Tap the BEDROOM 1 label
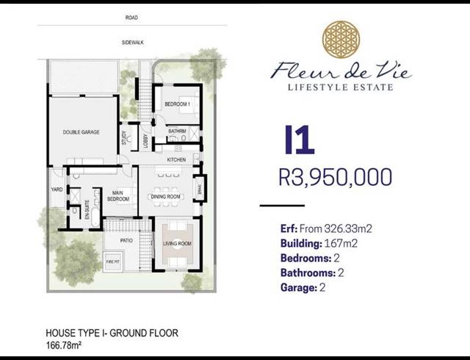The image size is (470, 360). tap(177, 104)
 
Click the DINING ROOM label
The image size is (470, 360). tap(165, 197)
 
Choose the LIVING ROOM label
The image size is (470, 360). tap(177, 243)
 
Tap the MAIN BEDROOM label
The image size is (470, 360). tap(117, 196)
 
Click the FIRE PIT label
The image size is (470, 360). tap(113, 262)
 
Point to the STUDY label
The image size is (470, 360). tap(124, 138)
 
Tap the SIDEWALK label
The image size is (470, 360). tap(132, 43)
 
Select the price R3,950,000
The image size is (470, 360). tap(336, 177)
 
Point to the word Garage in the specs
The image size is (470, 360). tap(297, 288)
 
